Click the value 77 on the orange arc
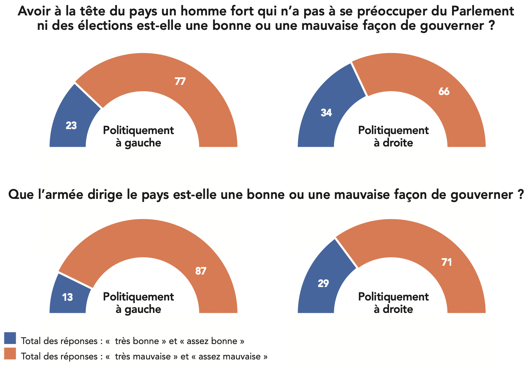pos(180,81)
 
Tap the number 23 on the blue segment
pos(71,125)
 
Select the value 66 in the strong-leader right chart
pos(444,92)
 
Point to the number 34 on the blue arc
pos(326,113)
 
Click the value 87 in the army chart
pos(200,271)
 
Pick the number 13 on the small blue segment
pos(67,297)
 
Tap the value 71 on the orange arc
pos(446,262)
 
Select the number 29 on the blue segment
pos(323,283)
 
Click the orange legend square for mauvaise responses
pos(10,354)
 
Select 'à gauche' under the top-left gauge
pos(139,143)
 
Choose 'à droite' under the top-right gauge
pos(393,143)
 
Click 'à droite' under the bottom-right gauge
pos(393,309)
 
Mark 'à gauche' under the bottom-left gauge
pos(139,309)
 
